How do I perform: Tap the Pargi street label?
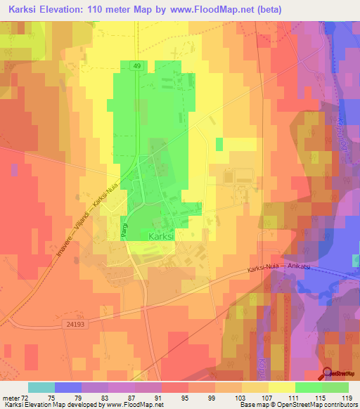(x=124, y=231)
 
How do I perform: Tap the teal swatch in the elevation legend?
(x=41, y=387)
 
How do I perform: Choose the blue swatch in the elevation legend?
(x=68, y=387)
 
